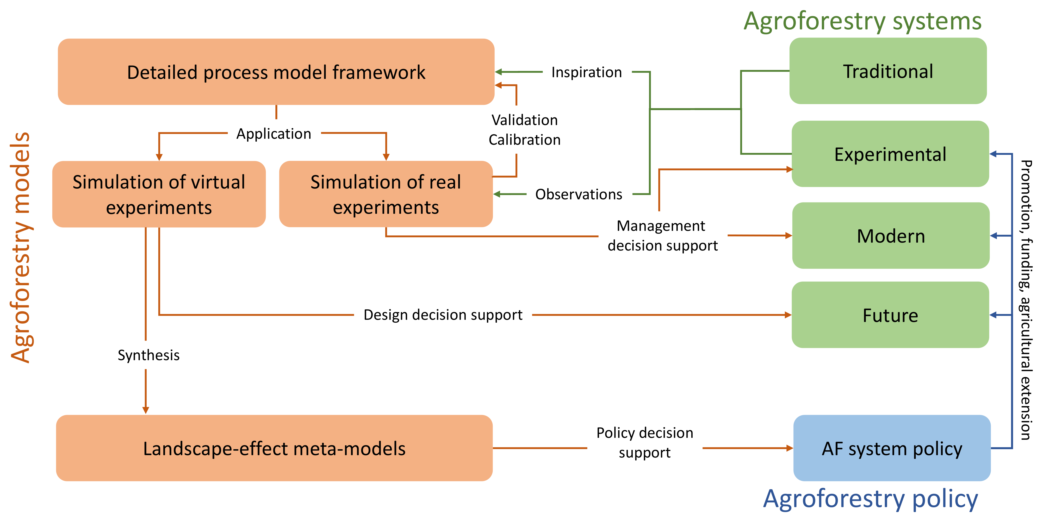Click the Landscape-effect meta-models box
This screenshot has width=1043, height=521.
pyautogui.click(x=274, y=448)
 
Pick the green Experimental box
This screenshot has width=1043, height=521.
pyautogui.click(x=890, y=154)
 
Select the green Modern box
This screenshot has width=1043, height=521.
pyautogui.click(x=891, y=236)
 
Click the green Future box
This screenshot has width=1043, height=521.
pyautogui.click(x=890, y=315)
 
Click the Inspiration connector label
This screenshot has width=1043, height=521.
pyautogui.click(x=586, y=73)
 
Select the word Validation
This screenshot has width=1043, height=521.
pyautogui.click(x=524, y=120)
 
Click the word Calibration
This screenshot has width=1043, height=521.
pyautogui.click(x=524, y=140)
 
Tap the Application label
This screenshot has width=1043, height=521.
pyautogui.click(x=274, y=134)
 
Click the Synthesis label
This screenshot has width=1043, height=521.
pyautogui.click(x=148, y=355)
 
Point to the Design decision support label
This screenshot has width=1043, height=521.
pyautogui.click(x=443, y=315)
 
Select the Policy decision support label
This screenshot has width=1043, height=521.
pyautogui.click(x=645, y=442)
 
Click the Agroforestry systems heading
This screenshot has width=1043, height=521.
pyautogui.click(x=863, y=21)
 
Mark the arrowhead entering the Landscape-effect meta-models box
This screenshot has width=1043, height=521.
pyautogui.click(x=146, y=410)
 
